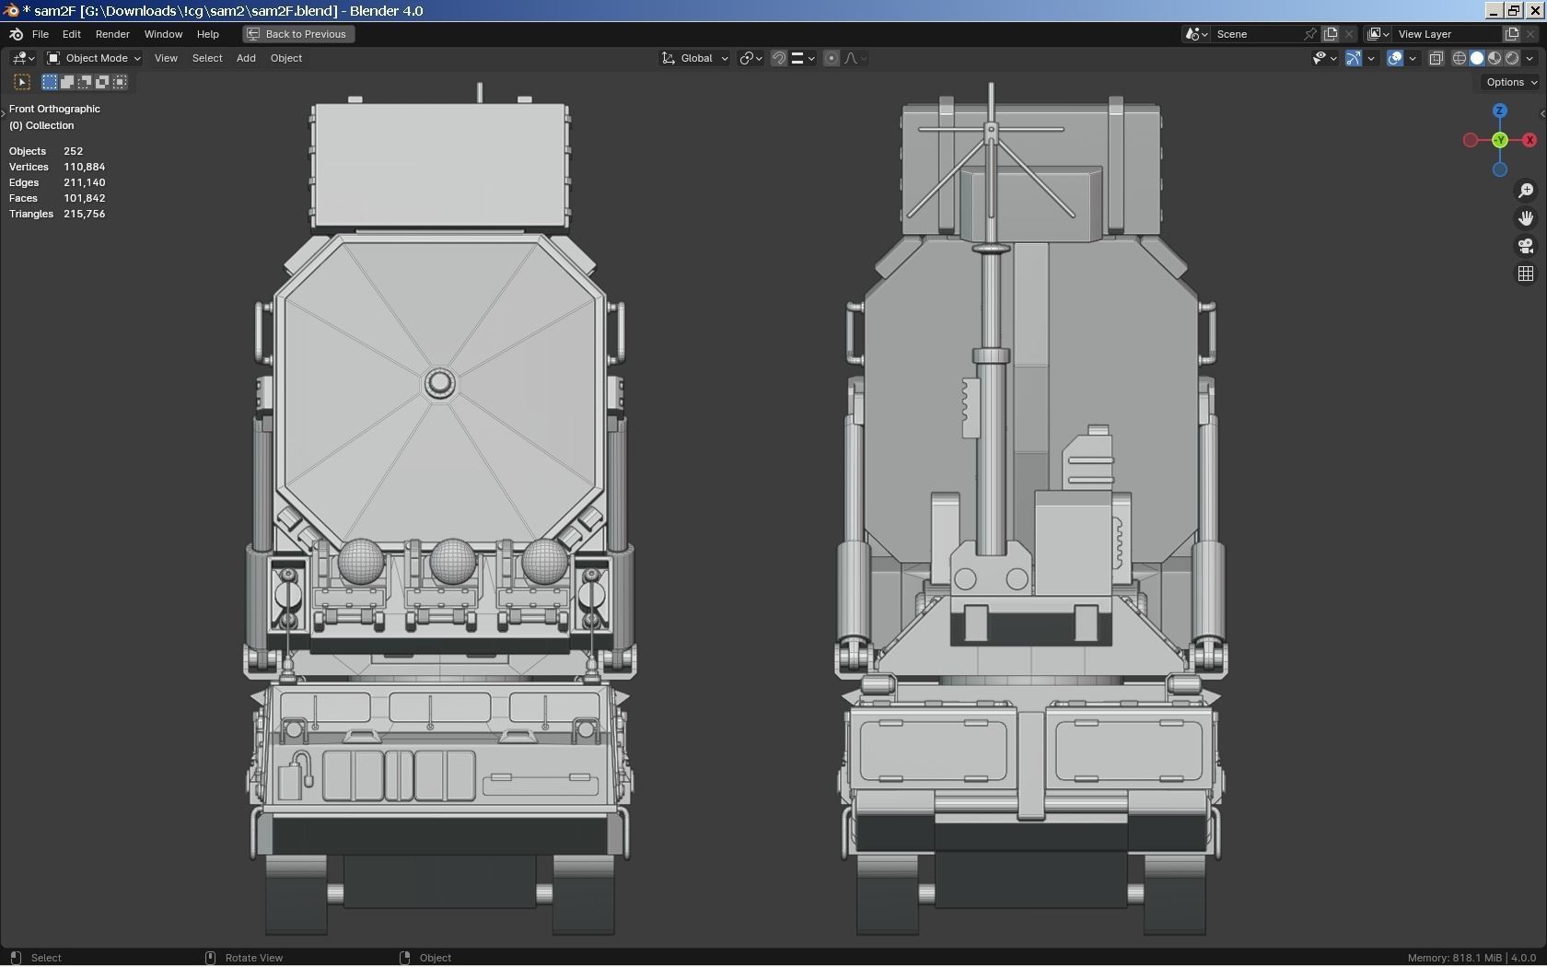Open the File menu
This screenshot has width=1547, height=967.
tap(41, 34)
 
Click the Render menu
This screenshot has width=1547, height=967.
tap(112, 34)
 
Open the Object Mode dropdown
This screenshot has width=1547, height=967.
tap(94, 58)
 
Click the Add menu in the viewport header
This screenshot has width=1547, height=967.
tap(246, 58)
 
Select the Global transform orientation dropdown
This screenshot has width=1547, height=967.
tap(696, 58)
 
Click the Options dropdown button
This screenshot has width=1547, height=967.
tap(1511, 82)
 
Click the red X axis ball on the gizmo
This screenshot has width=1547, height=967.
tap(1530, 140)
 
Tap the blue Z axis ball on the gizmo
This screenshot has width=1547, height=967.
tap(1500, 111)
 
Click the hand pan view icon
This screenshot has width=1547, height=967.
tap(1526, 218)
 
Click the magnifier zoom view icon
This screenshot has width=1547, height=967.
tap(1526, 191)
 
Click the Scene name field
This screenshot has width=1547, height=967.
tap(1257, 34)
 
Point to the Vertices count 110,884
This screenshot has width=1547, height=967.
tap(84, 167)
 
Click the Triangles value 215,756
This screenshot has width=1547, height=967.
tap(84, 214)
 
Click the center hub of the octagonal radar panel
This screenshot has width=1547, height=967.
tap(439, 383)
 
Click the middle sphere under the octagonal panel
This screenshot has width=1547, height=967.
tap(452, 561)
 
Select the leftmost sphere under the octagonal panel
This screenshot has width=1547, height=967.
tap(360, 561)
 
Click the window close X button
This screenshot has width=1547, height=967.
tap(1535, 10)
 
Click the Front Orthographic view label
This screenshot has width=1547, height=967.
tap(54, 109)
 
